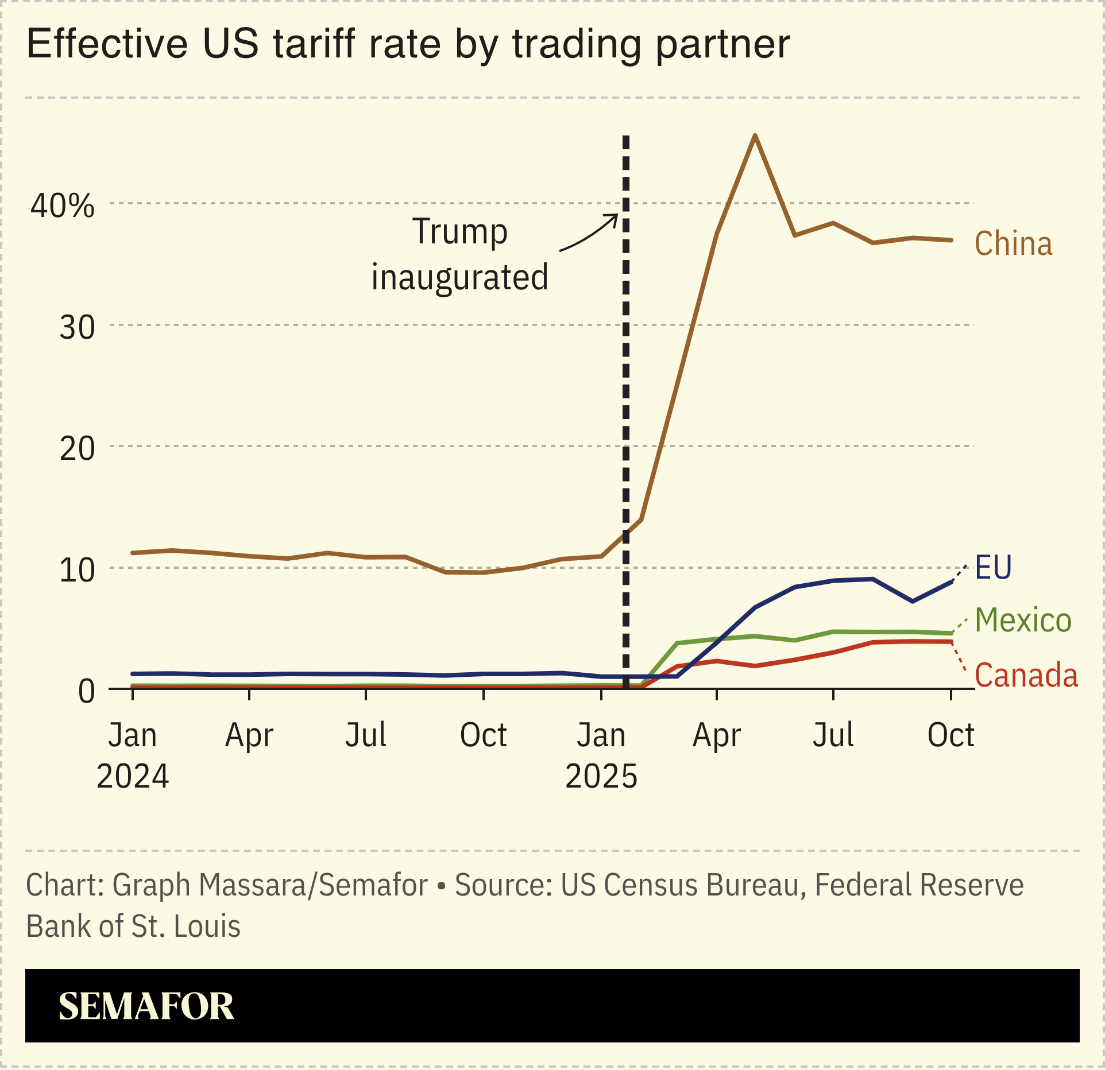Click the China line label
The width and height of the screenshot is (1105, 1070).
click(x=1013, y=243)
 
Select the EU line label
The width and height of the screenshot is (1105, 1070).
click(x=993, y=568)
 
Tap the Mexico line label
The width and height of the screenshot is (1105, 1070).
click(x=1023, y=621)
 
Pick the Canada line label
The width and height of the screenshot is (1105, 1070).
click(x=1026, y=675)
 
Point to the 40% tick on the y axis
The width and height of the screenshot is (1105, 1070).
click(x=63, y=206)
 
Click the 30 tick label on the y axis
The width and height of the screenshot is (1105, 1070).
click(x=77, y=328)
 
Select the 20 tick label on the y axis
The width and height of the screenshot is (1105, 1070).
click(x=77, y=449)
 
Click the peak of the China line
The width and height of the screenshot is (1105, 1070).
click(x=755, y=135)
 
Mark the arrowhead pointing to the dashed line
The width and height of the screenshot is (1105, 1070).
click(x=615, y=218)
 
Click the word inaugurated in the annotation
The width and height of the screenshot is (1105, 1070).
click(x=459, y=278)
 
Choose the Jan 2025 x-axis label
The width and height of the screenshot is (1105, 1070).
click(x=601, y=755)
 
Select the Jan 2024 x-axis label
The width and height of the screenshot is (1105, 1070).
click(x=133, y=755)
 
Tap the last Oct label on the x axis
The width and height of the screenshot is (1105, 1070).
click(x=951, y=735)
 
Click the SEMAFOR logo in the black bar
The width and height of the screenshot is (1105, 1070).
click(x=146, y=1006)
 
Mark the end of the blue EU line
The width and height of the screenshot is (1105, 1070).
click(x=952, y=581)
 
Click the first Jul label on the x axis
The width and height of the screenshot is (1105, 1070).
click(x=365, y=735)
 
